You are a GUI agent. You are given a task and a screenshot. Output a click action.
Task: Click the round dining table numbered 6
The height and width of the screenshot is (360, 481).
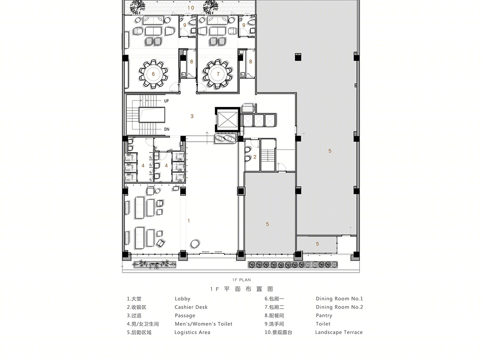153,74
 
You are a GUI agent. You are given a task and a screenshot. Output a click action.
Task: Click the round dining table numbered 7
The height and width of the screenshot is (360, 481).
218,74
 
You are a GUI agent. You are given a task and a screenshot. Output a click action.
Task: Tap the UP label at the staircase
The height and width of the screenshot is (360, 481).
166,101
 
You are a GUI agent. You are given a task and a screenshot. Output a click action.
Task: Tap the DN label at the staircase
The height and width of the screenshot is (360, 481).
166,129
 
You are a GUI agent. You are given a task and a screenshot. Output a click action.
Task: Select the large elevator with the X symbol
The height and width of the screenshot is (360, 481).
227,119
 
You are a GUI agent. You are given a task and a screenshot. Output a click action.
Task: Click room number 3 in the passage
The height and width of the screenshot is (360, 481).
192,116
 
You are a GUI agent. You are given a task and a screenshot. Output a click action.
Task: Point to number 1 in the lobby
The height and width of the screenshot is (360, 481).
189,221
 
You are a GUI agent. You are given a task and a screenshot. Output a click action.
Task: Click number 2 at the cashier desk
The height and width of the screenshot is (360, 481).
255,157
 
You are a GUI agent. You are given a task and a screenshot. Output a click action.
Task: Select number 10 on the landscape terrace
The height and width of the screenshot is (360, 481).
191,8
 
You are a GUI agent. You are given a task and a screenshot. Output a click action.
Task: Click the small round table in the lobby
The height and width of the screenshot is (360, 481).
195,243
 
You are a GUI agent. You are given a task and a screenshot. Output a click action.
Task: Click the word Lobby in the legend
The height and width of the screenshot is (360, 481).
182,299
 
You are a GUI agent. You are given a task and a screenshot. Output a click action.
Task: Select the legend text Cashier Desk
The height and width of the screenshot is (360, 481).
191,307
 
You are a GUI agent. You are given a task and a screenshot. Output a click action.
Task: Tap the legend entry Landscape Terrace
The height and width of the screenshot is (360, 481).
339,332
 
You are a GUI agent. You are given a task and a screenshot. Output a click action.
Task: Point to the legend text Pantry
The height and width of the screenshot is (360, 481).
324,316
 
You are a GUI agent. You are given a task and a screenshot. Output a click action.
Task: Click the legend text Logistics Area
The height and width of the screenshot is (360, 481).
192,332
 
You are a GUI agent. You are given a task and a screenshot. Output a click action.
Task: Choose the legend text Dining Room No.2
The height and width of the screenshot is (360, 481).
339,307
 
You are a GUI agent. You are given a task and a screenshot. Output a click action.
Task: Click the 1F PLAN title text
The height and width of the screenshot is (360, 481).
241,280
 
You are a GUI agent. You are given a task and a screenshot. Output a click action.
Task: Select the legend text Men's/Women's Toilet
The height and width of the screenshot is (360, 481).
203,324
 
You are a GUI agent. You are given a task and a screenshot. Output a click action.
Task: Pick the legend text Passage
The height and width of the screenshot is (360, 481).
185,316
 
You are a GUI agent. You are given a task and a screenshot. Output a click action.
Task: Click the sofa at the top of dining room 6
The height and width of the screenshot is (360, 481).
153,20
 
